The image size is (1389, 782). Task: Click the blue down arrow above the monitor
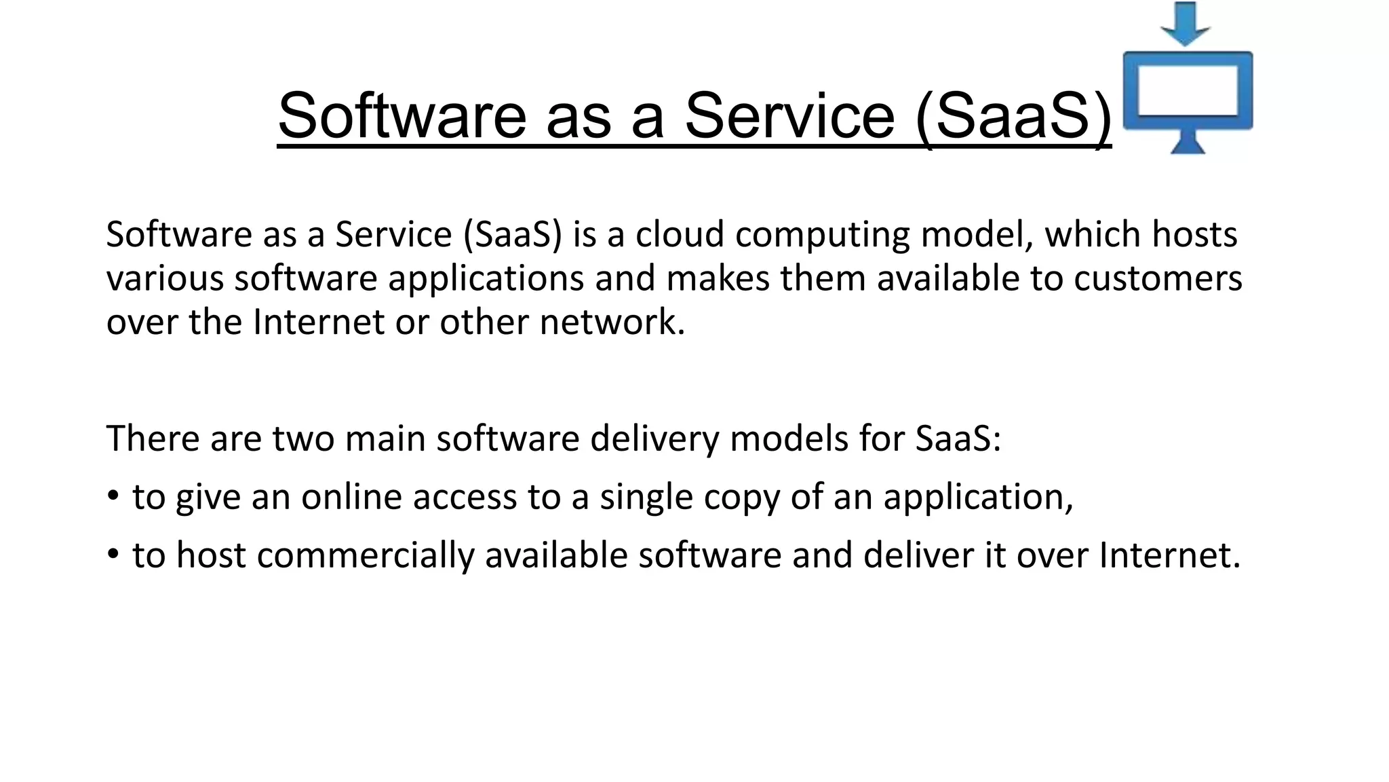(x=1186, y=23)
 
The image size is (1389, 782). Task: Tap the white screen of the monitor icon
(x=1187, y=90)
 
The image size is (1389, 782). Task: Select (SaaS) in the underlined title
(x=1013, y=117)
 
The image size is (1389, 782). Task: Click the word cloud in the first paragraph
(x=680, y=235)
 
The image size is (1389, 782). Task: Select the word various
(x=165, y=279)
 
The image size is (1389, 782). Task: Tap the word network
(x=612, y=322)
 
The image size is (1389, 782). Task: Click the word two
(x=303, y=439)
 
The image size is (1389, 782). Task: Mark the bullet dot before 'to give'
(x=113, y=495)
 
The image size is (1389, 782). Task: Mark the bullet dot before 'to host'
(x=113, y=553)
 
